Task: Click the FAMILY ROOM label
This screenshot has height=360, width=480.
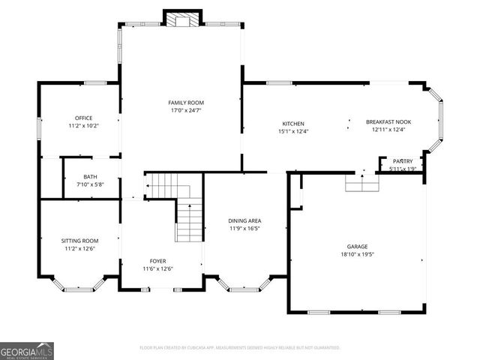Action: (185, 103)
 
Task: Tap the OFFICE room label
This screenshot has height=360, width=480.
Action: (83, 118)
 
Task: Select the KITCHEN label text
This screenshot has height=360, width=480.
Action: (292, 124)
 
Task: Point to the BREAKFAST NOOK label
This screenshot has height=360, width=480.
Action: (388, 121)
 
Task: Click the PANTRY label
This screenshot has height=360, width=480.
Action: (403, 161)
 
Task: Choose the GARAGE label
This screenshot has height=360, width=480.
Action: (357, 246)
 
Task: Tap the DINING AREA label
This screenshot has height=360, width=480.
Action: (244, 220)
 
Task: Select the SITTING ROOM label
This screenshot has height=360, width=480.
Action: (79, 241)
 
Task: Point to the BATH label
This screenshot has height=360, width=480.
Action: (90, 177)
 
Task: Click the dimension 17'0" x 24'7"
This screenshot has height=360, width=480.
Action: (185, 110)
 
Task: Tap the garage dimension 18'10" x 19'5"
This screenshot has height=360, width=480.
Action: (357, 254)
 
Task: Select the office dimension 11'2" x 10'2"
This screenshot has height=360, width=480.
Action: (83, 125)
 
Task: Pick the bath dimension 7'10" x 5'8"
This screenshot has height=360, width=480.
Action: (90, 184)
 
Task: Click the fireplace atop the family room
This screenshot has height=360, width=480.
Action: (183, 19)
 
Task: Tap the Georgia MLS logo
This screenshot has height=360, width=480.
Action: (27, 350)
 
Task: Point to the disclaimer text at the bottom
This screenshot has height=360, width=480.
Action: (240, 348)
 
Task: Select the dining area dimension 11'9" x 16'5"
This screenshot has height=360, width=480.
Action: (244, 228)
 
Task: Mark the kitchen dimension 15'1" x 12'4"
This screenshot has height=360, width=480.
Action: (292, 131)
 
